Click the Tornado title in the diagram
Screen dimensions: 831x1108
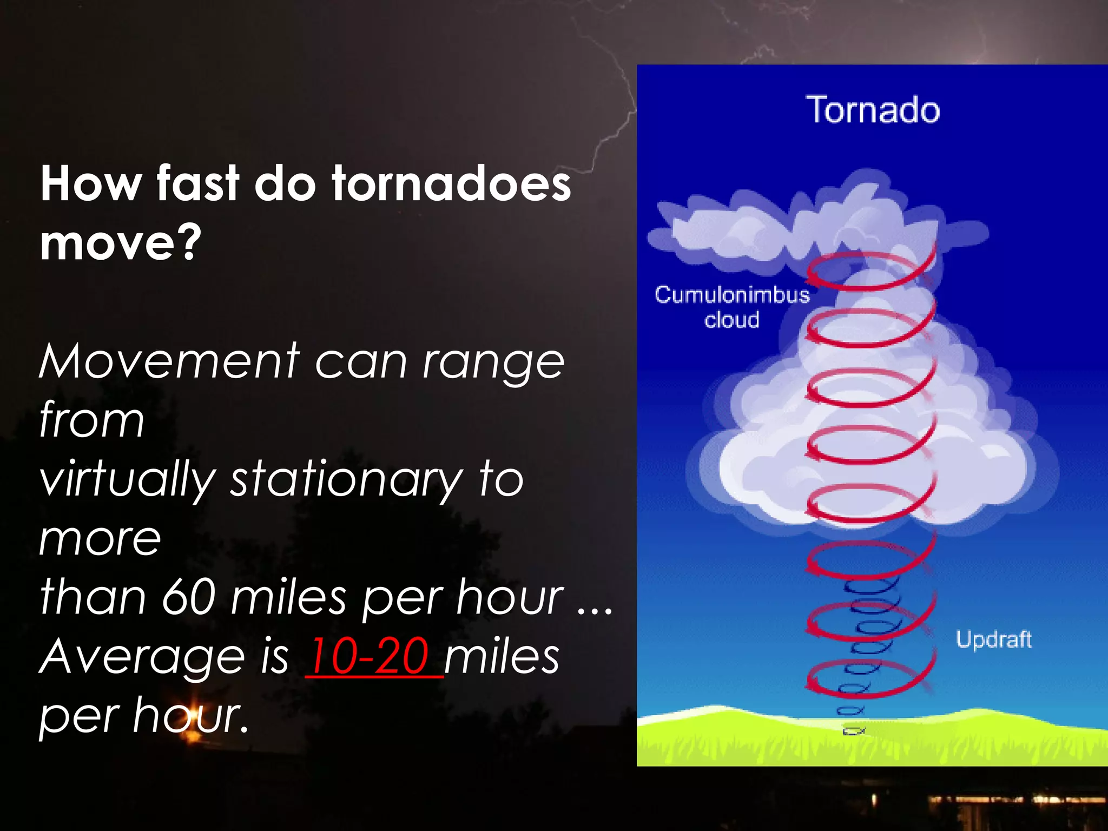point(873,110)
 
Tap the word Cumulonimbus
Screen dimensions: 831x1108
point(732,295)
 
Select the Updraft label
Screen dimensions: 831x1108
point(993,639)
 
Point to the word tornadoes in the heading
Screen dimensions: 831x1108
point(452,184)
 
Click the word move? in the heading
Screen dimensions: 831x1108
point(121,243)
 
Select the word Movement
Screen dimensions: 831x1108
point(169,361)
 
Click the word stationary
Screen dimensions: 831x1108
point(346,480)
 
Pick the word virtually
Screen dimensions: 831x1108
point(127,480)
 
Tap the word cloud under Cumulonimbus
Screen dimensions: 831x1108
point(731,320)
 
